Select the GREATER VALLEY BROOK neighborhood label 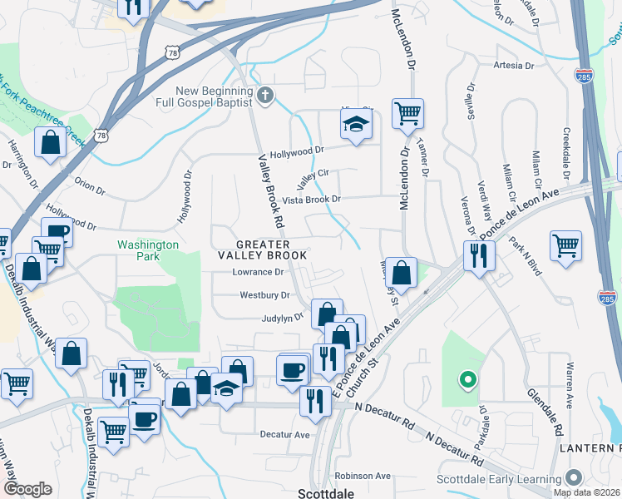coord(262,249)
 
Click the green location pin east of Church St coord(467,381)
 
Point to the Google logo coord(27,489)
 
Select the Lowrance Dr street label coord(258,272)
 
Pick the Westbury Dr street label coord(264,295)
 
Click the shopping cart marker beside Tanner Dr coord(407,113)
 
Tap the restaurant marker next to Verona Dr coord(478,254)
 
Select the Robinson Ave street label coord(363,476)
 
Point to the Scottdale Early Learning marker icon coord(573,478)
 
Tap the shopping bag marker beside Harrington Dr coord(51,142)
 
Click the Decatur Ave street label coord(284,434)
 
